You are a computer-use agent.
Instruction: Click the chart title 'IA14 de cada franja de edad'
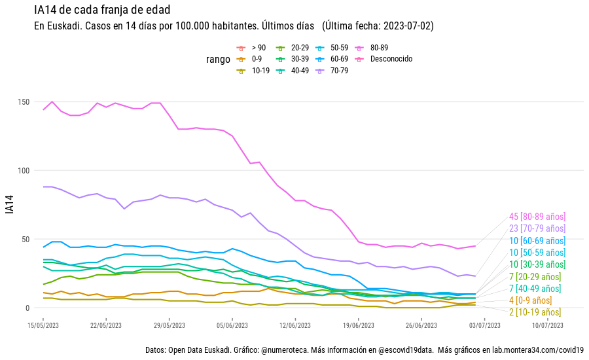[102, 10]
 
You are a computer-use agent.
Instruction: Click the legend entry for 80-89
[379, 48]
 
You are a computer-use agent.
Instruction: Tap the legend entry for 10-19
[260, 71]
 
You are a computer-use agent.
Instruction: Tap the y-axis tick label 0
[28, 308]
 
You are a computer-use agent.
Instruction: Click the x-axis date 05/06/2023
[232, 325]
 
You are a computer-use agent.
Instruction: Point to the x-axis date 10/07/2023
[548, 325]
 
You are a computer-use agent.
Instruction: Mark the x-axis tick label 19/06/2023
[359, 325]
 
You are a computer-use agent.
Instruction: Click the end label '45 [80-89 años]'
[537, 217]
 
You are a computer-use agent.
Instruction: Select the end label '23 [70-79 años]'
[537, 228]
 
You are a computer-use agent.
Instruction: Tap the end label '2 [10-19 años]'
[535, 312]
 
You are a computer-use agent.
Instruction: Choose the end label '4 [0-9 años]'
[530, 300]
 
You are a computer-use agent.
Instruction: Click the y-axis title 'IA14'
[9, 205]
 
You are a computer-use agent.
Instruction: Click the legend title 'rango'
[218, 60]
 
